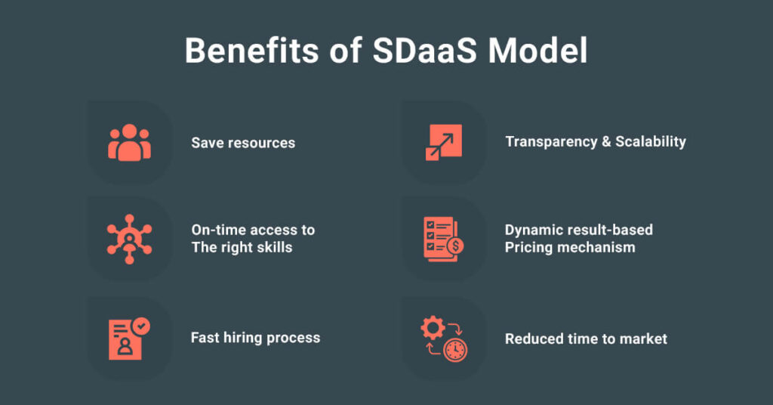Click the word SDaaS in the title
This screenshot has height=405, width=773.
pyautogui.click(x=424, y=51)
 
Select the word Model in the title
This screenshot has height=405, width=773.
pyautogui.click(x=537, y=51)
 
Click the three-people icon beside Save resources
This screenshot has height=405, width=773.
pyautogui.click(x=130, y=143)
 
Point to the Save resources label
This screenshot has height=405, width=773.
pyautogui.click(x=243, y=143)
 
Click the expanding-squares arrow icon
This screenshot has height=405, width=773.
pyautogui.click(x=444, y=142)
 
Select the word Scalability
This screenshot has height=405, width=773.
pyautogui.click(x=651, y=142)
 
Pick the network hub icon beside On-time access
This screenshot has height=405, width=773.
pyautogui.click(x=130, y=240)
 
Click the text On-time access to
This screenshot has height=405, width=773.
pyautogui.click(x=253, y=230)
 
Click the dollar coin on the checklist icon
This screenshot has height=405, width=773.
pyautogui.click(x=455, y=245)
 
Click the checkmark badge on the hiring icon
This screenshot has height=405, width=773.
pyautogui.click(x=141, y=326)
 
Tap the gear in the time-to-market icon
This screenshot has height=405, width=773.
pyautogui.click(x=433, y=328)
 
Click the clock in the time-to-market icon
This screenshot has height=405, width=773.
pyautogui.click(x=455, y=350)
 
